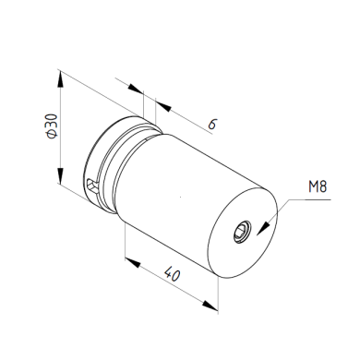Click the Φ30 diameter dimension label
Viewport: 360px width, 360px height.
[52, 126]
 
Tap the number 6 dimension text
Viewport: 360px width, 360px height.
[212, 124]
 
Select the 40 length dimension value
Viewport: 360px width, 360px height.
[172, 273]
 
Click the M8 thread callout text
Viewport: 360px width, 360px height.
[318, 186]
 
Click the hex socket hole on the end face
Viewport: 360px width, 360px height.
[242, 232]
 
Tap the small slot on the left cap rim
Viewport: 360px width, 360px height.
[92, 186]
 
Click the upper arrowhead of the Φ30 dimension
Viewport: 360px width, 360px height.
[61, 79]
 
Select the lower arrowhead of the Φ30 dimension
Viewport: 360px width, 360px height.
[61, 175]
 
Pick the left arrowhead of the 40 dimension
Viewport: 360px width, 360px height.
[133, 263]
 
